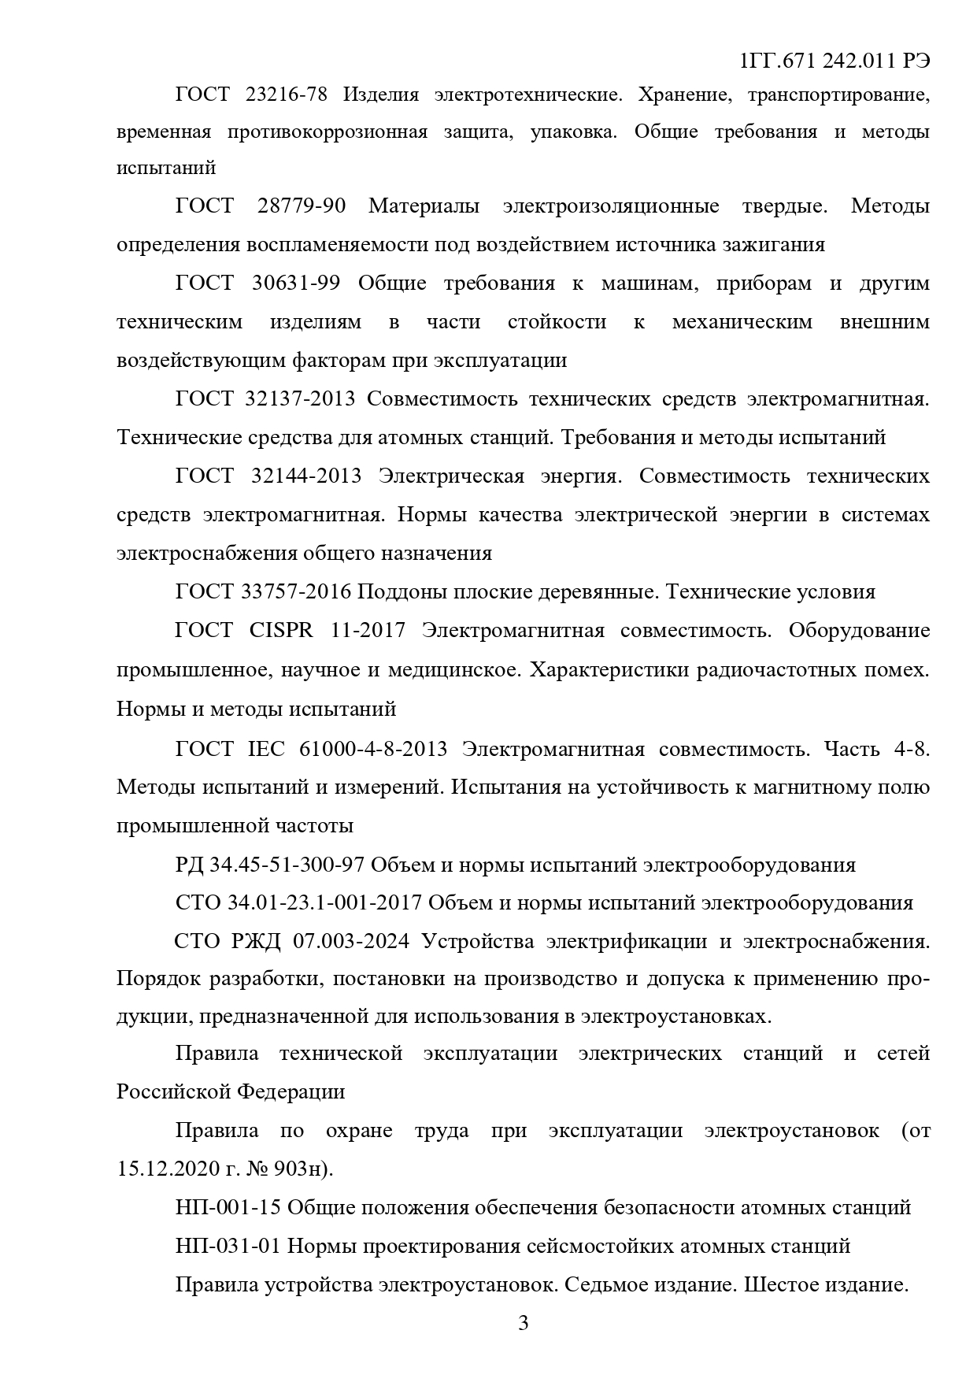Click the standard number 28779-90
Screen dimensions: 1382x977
coord(302,206)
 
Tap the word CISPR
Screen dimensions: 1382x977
coord(281,631)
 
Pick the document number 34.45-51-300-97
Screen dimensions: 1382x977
coord(287,865)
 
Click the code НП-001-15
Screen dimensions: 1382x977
coord(228,1207)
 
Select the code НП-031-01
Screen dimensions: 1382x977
coord(228,1246)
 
